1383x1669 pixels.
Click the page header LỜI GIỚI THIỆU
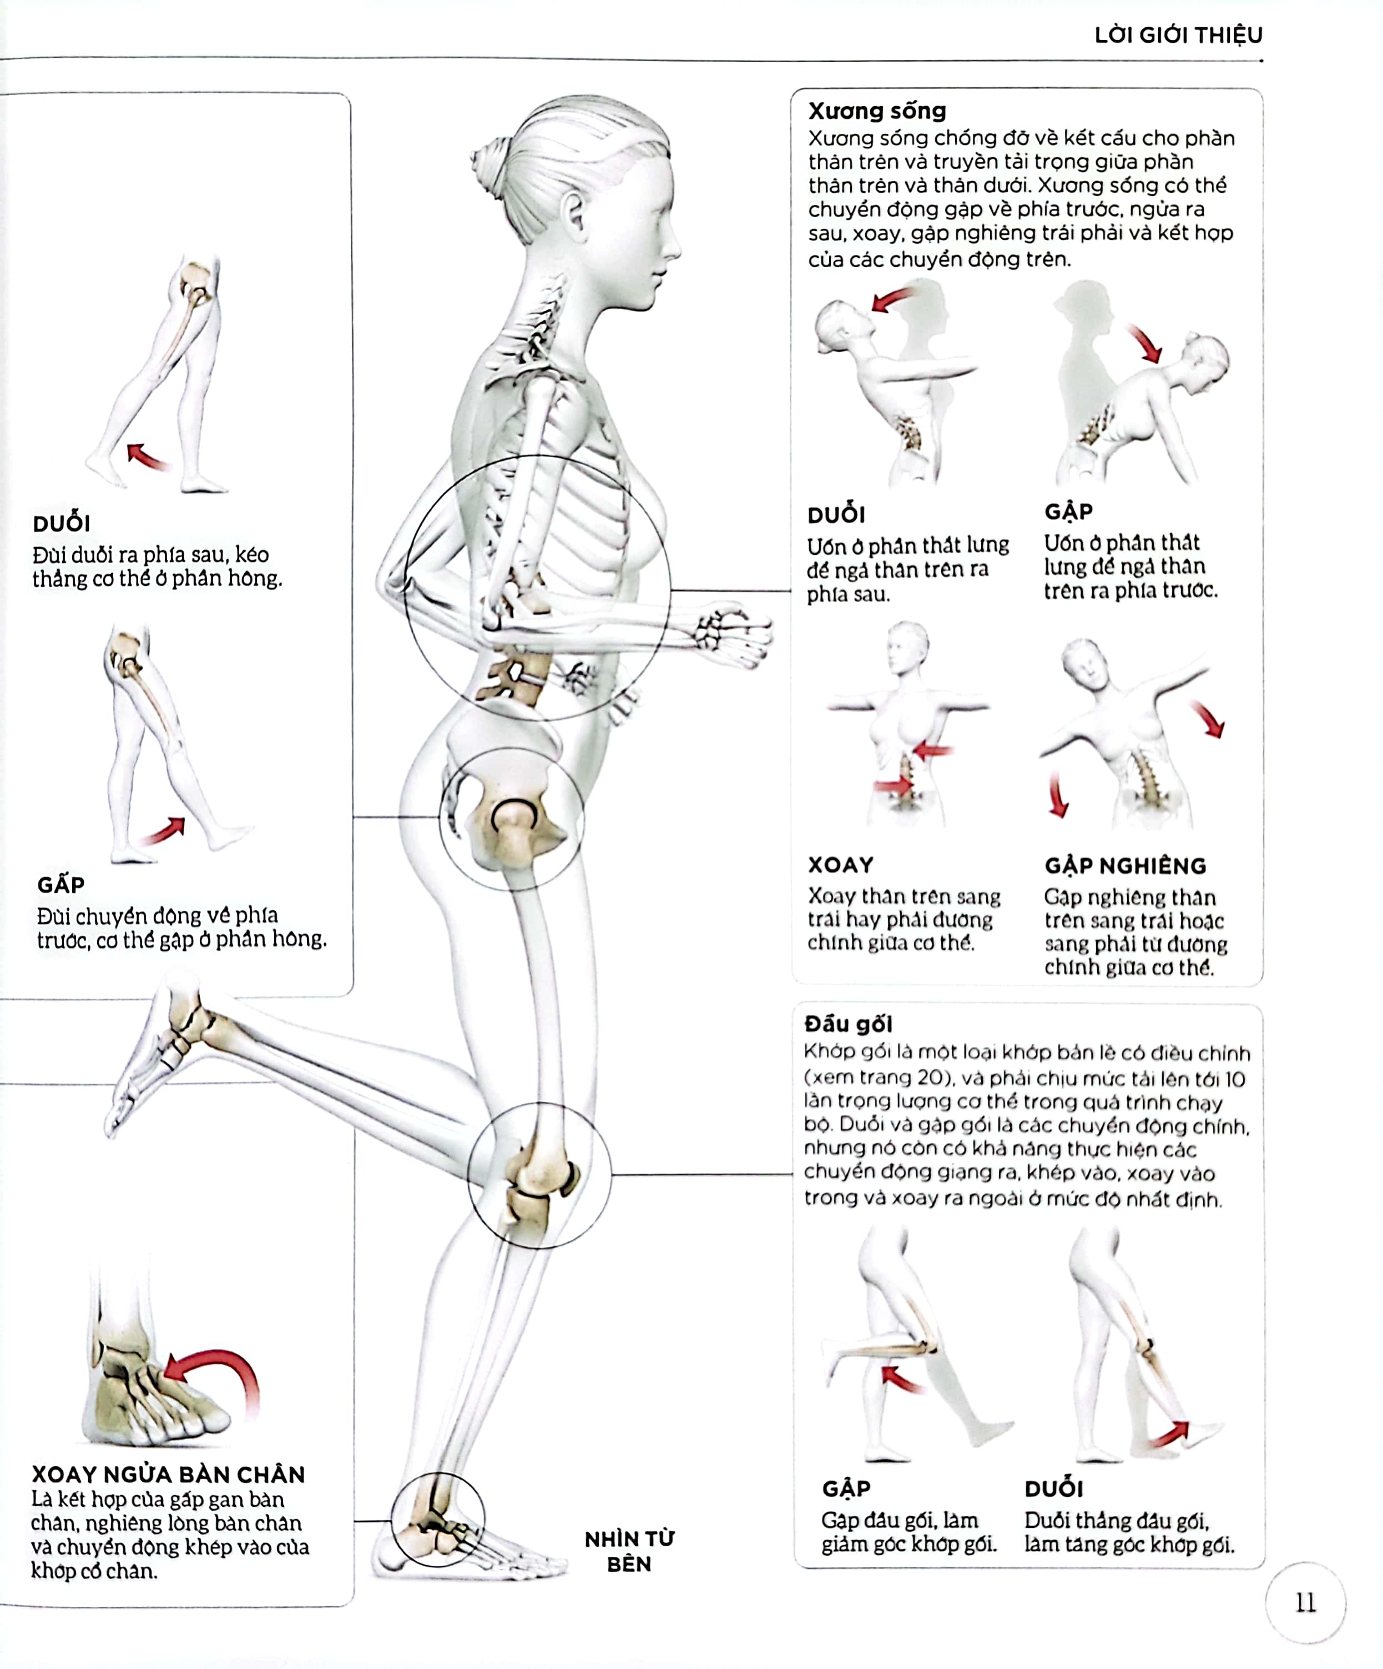tap(1178, 35)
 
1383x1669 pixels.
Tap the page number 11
tap(1305, 1602)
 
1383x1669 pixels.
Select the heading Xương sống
tap(877, 111)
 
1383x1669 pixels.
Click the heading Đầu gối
tap(849, 1024)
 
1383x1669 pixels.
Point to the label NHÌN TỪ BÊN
tap(629, 1551)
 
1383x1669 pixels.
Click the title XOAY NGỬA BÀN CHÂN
tap(168, 1474)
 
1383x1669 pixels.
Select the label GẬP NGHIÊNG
tap(1125, 865)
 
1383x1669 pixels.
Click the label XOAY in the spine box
tap(840, 865)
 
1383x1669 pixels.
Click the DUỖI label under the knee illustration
tap(1053, 1488)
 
